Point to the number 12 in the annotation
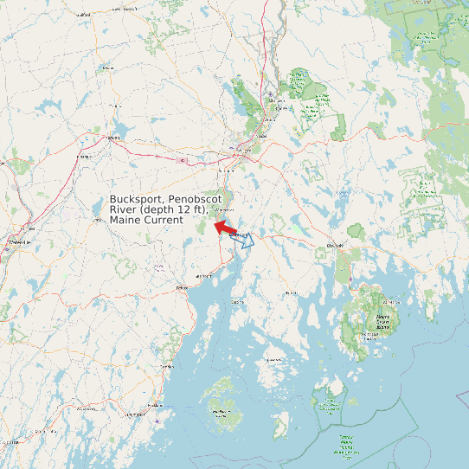point(174,209)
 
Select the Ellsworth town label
point(334,246)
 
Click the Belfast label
point(182,286)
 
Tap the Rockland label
point(155,405)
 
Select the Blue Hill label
point(291,292)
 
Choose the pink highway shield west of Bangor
point(180,160)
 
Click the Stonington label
point(275,358)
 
